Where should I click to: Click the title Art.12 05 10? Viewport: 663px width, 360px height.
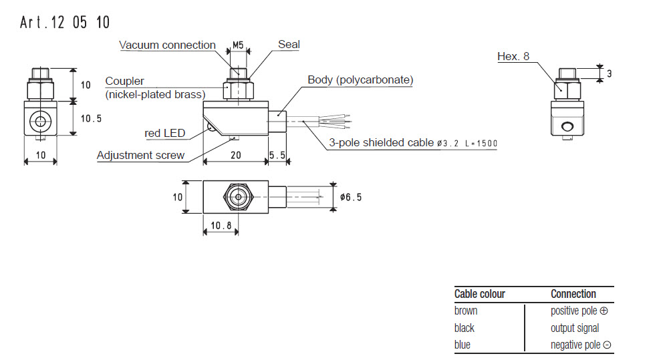tap(65, 22)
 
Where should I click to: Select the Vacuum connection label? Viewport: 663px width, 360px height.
tap(167, 45)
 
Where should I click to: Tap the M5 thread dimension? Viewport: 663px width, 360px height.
tap(238, 46)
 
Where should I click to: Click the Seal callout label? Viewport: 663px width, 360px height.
tap(289, 45)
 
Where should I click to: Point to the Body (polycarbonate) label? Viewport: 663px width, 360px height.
tap(360, 80)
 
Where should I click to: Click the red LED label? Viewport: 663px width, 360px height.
tap(165, 133)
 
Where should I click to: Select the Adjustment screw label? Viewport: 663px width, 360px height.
tap(140, 156)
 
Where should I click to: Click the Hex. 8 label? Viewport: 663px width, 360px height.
tap(513, 57)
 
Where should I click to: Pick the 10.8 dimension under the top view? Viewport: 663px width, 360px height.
tap(221, 226)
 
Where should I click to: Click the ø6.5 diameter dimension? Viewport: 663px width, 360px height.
tap(352, 198)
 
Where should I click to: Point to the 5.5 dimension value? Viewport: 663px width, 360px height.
tap(278, 156)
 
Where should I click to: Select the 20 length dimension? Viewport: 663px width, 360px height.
tap(235, 156)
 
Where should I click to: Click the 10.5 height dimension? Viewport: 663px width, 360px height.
tap(91, 118)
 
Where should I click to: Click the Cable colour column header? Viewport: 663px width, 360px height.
tap(479, 294)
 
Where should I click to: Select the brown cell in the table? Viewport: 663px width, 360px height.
tap(466, 311)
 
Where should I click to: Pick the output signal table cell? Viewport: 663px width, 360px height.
tap(575, 328)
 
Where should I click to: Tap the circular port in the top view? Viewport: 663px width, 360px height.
tap(235, 198)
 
